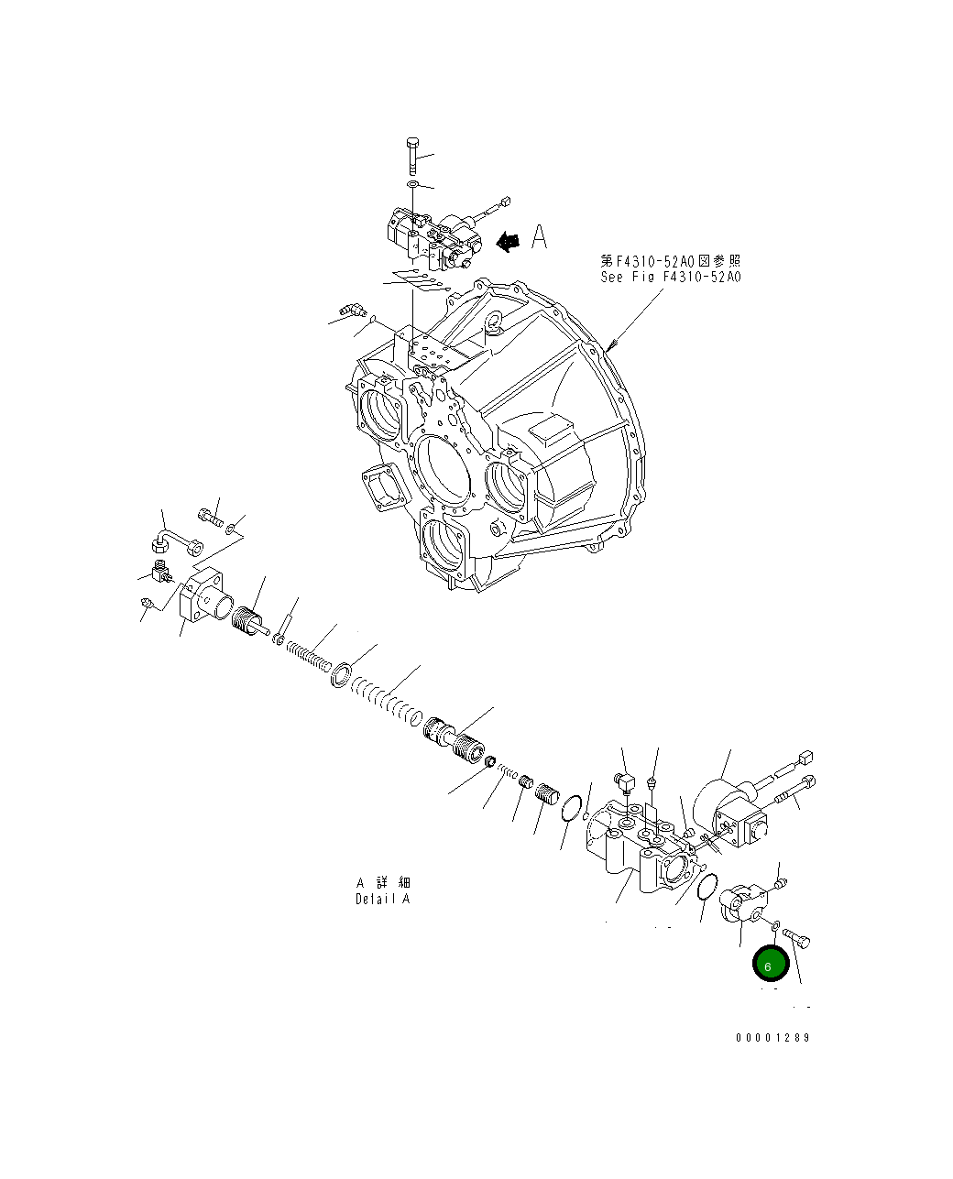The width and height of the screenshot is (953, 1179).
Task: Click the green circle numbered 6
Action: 770,966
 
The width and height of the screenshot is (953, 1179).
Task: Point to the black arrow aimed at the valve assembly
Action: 507,240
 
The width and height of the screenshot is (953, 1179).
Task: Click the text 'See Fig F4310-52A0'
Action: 671,277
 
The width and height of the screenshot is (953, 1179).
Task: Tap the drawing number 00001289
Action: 772,1038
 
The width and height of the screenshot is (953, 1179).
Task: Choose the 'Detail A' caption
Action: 383,899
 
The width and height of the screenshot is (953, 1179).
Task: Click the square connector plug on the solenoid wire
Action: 806,758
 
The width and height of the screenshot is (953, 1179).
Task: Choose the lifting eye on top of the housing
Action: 493,321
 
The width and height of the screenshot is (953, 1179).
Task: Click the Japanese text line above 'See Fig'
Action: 671,260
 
